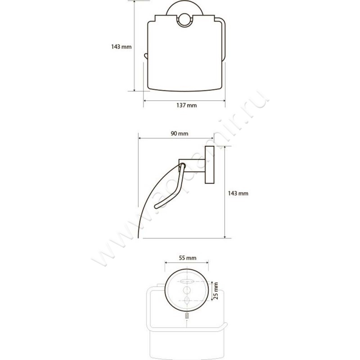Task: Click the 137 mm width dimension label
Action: pos(186,105)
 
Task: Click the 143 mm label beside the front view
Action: pos(121,47)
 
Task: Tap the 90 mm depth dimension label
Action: pos(179,134)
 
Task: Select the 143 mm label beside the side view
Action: pos(238,193)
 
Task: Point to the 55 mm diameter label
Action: pos(188,258)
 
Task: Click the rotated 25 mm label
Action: pos(216,291)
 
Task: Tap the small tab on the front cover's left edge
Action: pos(145,56)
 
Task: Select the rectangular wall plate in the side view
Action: pos(209,165)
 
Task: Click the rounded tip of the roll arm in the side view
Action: pos(156,207)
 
